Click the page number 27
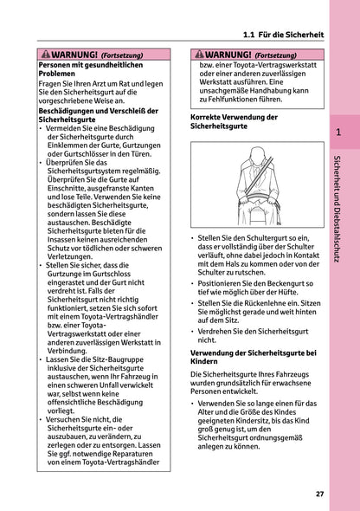click(319, 495)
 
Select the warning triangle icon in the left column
click(45, 55)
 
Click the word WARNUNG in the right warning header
click(228, 55)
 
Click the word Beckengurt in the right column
click(267, 282)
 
